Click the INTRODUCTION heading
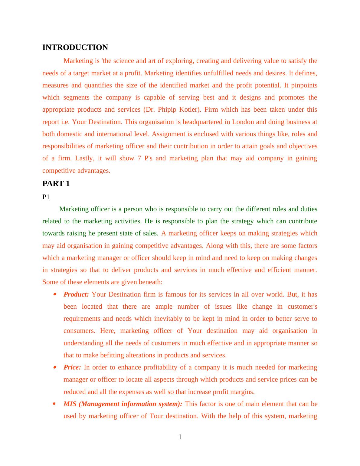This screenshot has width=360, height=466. click(75, 48)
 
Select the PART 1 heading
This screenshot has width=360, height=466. click(56, 184)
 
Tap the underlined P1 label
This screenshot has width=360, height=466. click(46, 197)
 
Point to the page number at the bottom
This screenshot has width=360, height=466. click(180, 437)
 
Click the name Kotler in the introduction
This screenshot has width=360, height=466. click(190, 110)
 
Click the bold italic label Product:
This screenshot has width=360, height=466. click(76, 294)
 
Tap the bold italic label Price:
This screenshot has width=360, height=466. click(72, 367)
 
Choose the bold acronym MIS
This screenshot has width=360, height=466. click(70, 404)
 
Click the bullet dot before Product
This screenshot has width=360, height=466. click(54, 294)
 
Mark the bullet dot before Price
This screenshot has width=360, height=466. click(54, 367)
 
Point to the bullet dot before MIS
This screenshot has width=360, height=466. click(54, 404)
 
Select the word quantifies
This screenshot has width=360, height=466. click(98, 85)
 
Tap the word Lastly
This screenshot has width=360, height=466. click(84, 158)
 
